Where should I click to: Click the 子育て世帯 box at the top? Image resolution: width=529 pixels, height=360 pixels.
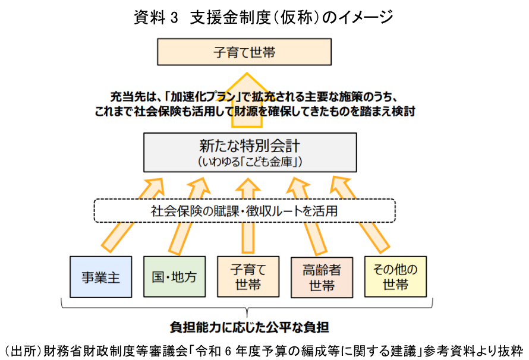(x=244, y=52)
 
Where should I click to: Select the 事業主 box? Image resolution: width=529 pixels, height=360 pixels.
(x=100, y=277)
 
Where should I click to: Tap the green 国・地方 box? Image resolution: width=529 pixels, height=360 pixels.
(x=174, y=277)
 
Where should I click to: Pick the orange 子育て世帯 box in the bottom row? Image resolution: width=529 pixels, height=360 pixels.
(x=247, y=277)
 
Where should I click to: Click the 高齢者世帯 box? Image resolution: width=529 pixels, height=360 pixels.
(x=322, y=277)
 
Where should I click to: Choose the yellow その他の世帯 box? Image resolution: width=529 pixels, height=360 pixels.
(x=395, y=277)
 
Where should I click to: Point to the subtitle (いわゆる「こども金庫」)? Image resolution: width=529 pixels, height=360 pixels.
(x=250, y=161)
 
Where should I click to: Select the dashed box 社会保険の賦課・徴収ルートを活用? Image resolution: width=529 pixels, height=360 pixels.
(x=245, y=210)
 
